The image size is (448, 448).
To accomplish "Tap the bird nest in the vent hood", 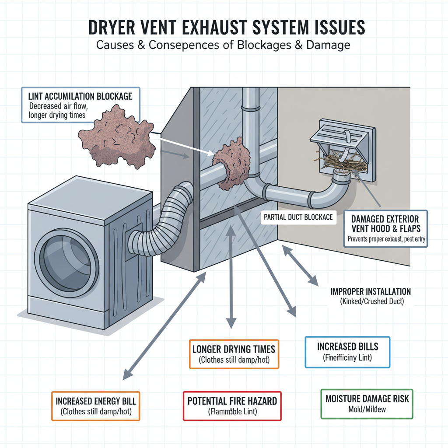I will point(343,164).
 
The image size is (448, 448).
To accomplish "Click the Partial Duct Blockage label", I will point(299,217).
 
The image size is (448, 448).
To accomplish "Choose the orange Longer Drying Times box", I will point(234,354).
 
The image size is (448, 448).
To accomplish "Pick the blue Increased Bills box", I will point(347,352).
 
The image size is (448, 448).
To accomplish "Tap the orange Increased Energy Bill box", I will point(96,406).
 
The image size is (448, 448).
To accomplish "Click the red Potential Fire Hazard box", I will point(232,406).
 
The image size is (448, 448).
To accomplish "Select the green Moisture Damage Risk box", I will point(367,404).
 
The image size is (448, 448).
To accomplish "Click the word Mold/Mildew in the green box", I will point(367,410).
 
